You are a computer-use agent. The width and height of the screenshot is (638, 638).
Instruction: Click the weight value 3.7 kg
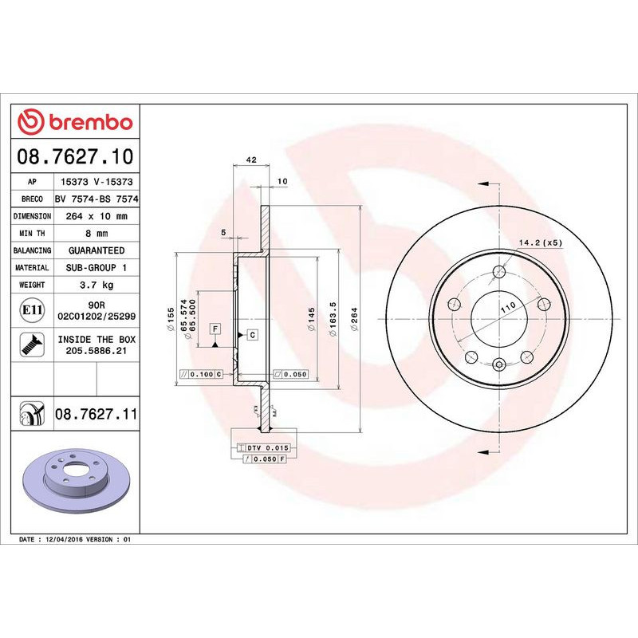96,285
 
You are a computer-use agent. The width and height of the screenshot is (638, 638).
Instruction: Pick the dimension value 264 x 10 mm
96,216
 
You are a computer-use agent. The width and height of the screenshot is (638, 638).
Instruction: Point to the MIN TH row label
33,234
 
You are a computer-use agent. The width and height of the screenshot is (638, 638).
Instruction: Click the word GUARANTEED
96,250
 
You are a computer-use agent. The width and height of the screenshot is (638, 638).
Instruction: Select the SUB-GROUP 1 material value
96,268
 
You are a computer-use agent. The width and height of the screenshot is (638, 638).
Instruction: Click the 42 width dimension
250,160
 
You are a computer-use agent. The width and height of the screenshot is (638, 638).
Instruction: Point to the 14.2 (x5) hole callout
541,242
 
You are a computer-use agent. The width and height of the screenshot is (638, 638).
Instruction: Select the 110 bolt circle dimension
506,306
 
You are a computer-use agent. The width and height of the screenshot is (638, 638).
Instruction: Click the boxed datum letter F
215,329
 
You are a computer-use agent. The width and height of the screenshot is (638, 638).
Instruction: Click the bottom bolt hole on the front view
498,365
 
